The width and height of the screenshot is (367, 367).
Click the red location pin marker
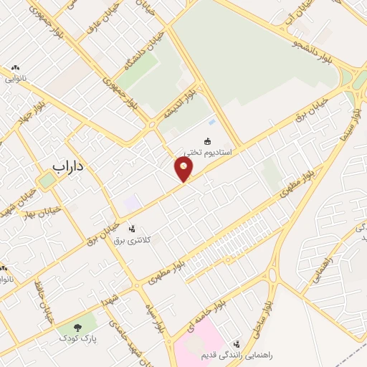click(x=184, y=169)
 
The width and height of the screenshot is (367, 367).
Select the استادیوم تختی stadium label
click(x=208, y=152)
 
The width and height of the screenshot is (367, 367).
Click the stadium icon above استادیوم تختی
click(x=209, y=141)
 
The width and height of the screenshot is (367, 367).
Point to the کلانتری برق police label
click(x=130, y=239)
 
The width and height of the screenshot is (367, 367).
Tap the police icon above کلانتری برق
click(x=131, y=229)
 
